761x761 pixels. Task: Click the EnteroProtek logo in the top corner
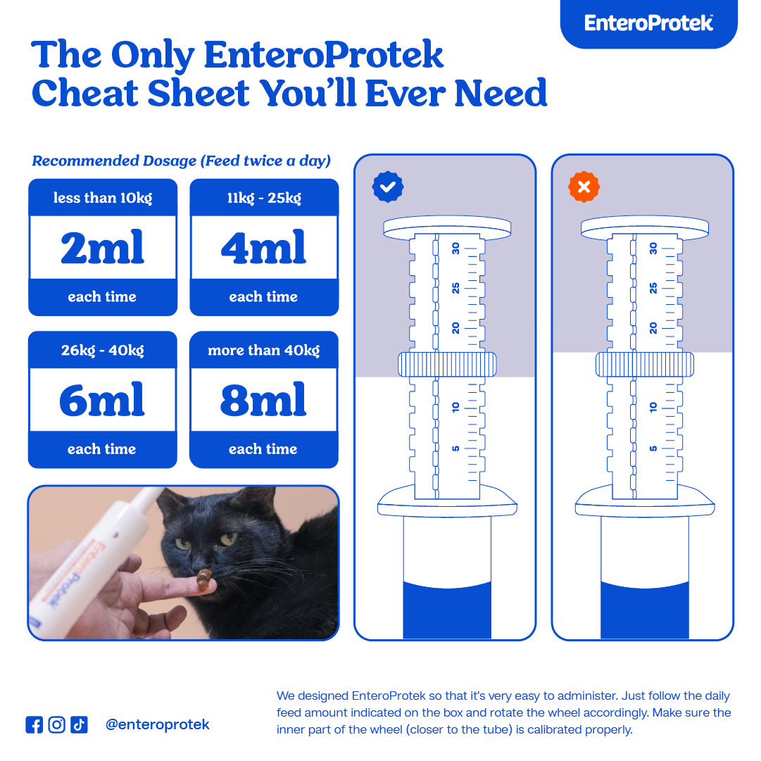648,23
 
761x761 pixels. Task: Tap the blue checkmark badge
387,187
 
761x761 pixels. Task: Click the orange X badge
584,187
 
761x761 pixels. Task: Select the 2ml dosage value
103,248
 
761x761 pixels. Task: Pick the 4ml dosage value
264,248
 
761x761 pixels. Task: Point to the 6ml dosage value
103,400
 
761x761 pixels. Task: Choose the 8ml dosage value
264,400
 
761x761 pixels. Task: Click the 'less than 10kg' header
103,198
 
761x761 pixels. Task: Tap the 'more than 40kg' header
264,350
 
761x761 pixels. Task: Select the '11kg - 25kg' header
264,198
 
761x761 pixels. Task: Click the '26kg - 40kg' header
103,350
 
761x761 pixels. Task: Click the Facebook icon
34,724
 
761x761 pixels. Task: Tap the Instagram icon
56,724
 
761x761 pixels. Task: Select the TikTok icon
79,724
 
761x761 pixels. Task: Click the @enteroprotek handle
157,724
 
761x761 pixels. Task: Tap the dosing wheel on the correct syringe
447,365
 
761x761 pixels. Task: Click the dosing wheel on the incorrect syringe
644,365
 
